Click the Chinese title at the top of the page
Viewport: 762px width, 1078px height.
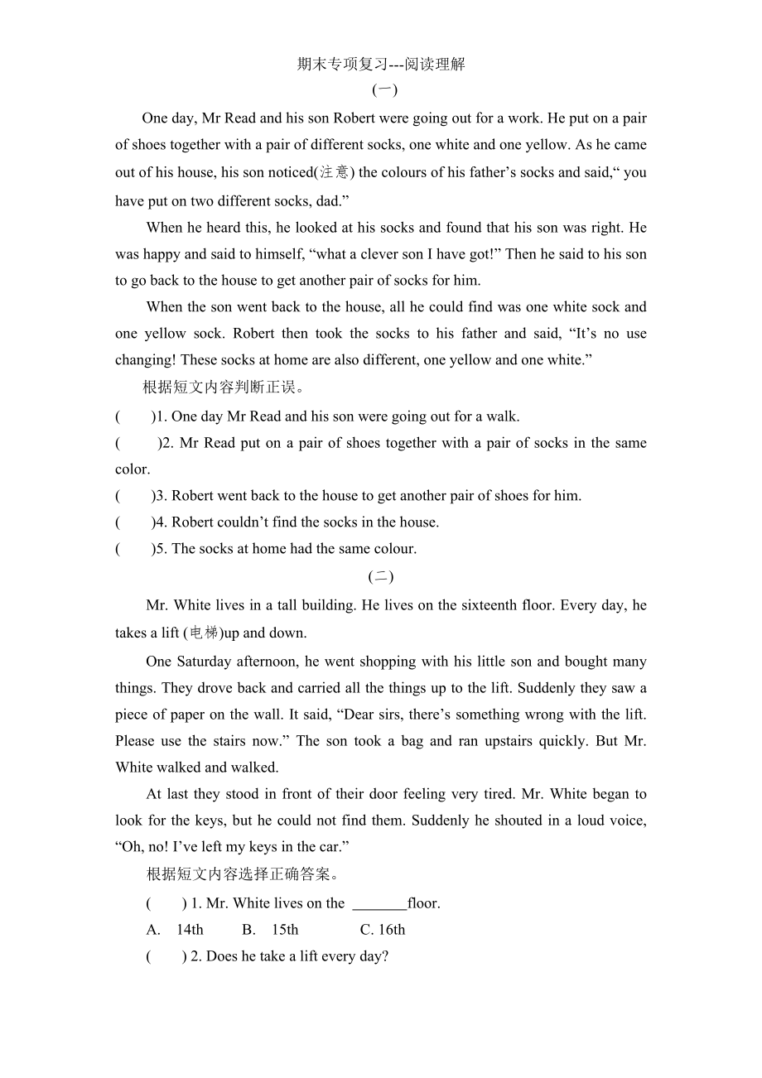(381, 64)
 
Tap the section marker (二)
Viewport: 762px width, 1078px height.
(381, 577)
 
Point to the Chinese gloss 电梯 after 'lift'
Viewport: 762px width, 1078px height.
(204, 633)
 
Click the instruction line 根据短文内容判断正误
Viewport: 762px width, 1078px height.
(224, 387)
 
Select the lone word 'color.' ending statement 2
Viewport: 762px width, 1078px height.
(133, 469)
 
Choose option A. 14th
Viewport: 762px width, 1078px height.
(176, 930)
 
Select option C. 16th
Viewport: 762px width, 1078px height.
(383, 930)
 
